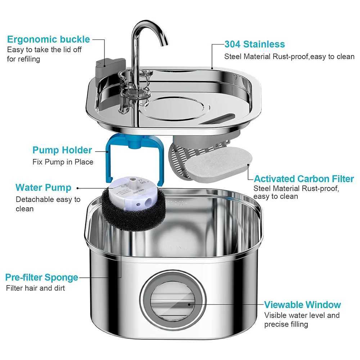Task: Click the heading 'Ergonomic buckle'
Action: point(48,39)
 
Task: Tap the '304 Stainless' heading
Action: point(255,44)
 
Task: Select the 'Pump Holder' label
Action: point(62,150)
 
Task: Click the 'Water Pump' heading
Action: point(43,188)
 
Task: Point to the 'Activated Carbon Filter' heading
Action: point(304,179)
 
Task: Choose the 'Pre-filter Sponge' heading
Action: point(41,277)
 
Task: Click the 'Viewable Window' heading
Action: point(302,305)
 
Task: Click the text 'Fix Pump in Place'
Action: point(63,162)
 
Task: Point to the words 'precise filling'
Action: point(286,324)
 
